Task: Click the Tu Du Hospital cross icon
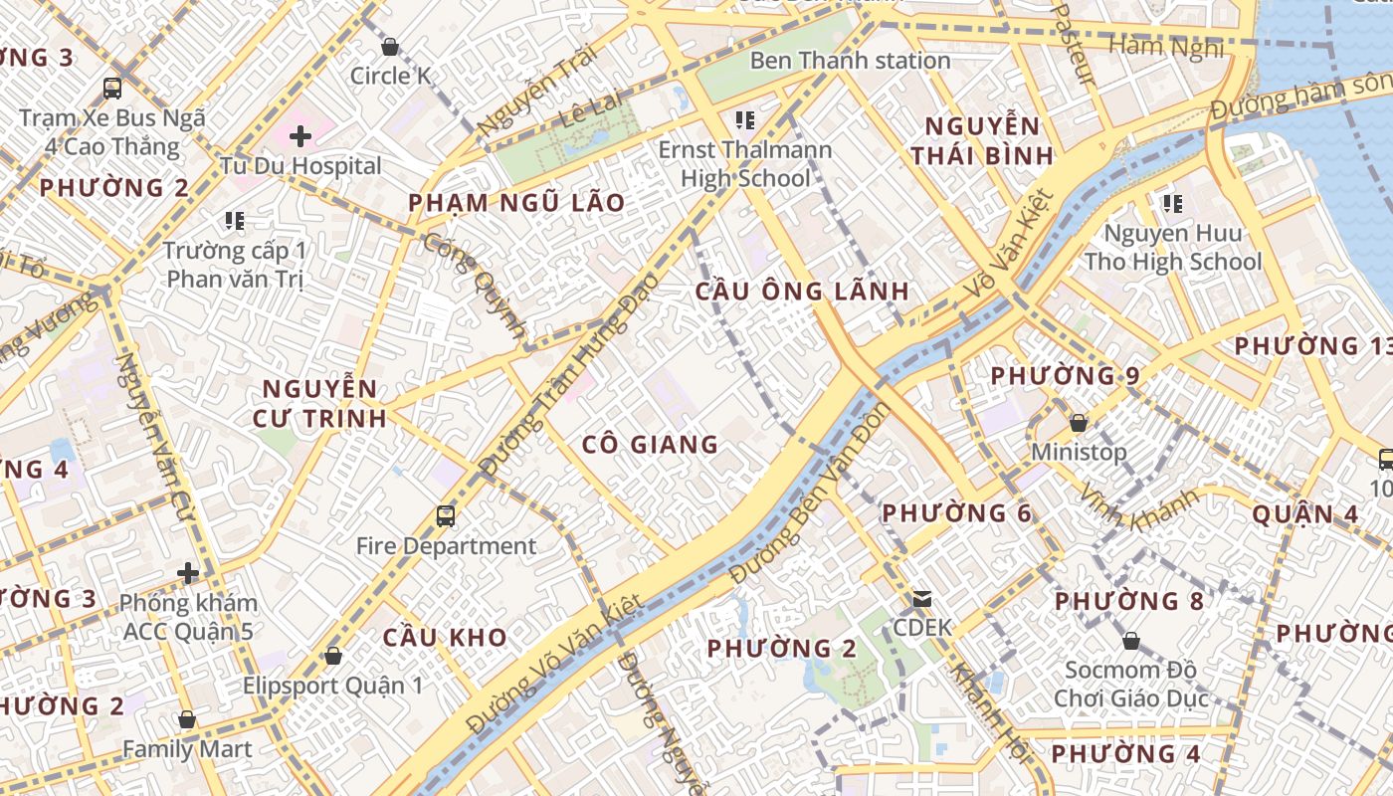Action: (x=300, y=135)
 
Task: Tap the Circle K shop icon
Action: (x=390, y=47)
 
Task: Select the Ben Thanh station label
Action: (x=850, y=60)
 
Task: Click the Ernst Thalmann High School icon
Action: (x=744, y=120)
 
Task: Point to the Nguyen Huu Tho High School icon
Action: (x=1173, y=204)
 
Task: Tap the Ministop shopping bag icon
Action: (x=1078, y=423)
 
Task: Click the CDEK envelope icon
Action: (x=922, y=599)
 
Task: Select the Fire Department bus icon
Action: (x=446, y=516)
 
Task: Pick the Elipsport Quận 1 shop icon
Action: (x=333, y=656)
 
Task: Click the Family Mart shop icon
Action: (x=187, y=719)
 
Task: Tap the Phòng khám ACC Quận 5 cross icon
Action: (x=187, y=573)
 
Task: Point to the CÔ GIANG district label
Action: (x=650, y=444)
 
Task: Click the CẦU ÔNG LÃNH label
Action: (x=801, y=291)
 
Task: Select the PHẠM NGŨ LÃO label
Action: (x=516, y=203)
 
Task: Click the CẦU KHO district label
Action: (x=445, y=637)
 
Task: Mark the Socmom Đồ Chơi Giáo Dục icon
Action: (x=1130, y=640)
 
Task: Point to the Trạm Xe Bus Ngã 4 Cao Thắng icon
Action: (x=112, y=88)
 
